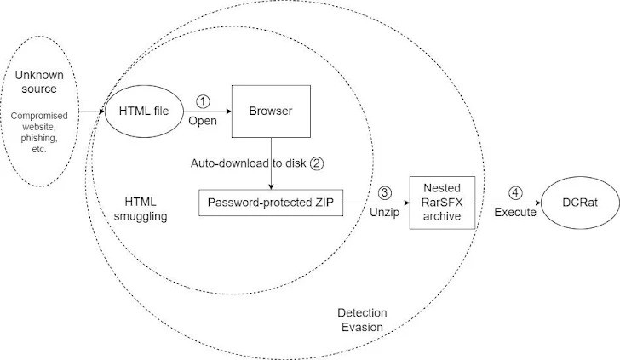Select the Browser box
(270, 112)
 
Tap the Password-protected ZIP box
(270, 204)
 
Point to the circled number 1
(202, 101)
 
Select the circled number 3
(386, 193)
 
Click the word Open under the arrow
(203, 122)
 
